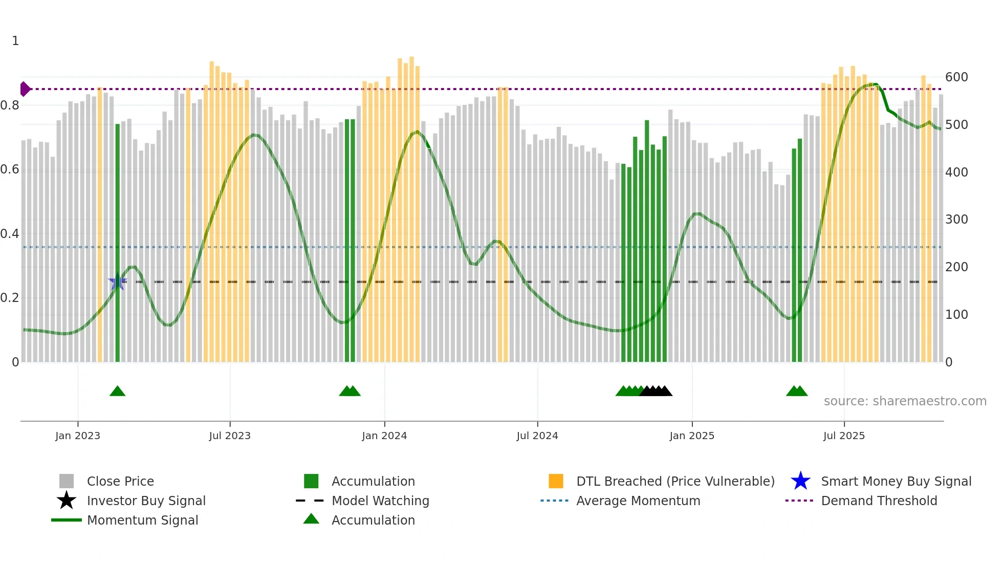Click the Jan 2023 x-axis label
pos(78,436)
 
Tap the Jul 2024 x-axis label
pos(537,436)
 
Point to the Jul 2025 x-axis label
pos(844,436)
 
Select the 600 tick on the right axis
pos(956,77)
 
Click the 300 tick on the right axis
pos(956,220)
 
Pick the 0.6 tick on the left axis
pos(10,169)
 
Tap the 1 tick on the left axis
pos(15,41)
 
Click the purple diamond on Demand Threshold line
pos(25,89)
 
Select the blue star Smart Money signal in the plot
pos(117,281)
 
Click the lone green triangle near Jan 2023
pos(117,392)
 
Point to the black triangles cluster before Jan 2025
pos(656,392)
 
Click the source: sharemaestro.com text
pos(905,401)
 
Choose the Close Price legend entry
pos(120,481)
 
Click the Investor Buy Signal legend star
pos(67,501)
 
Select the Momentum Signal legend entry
pos(142,520)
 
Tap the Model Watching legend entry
pos(380,501)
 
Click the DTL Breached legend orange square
pos(556,481)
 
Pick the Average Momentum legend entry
pos(638,501)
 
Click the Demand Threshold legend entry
pos(879,501)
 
